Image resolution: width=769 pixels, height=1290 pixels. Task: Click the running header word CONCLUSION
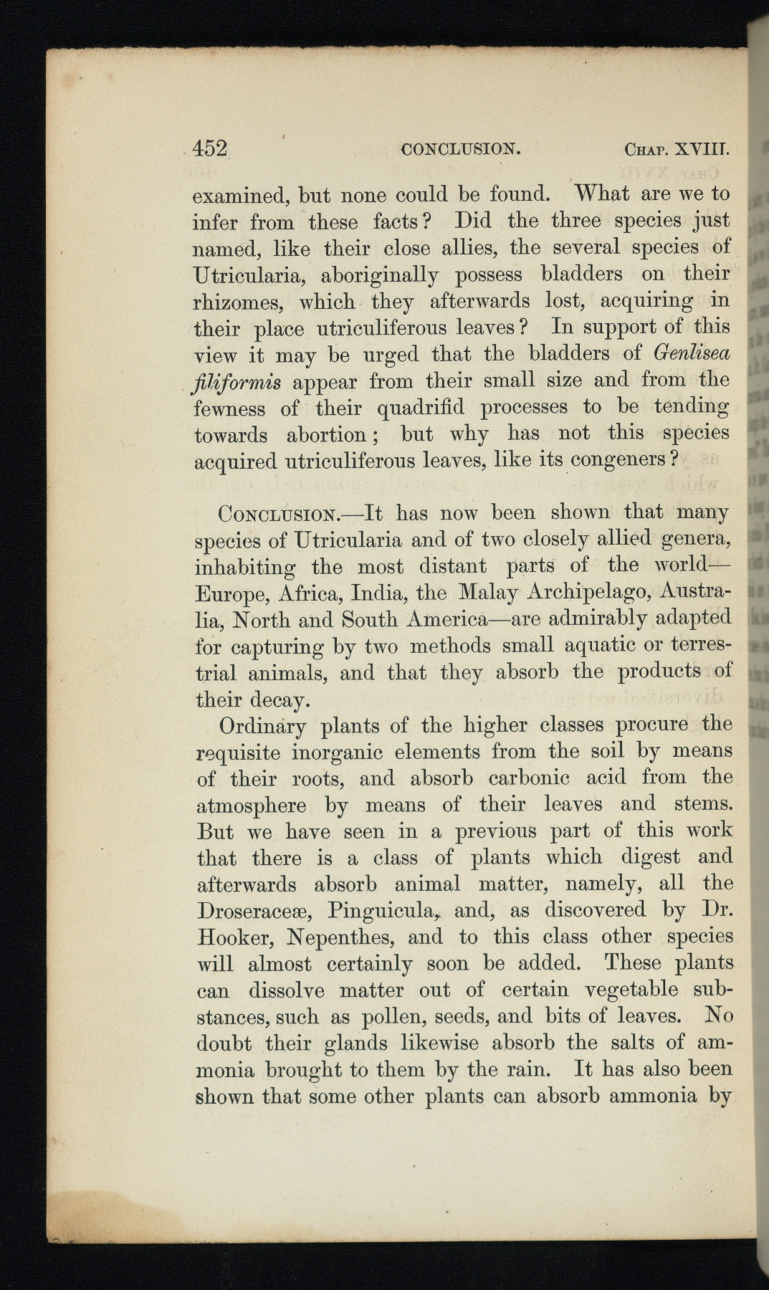460,150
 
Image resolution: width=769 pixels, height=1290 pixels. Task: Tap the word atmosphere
251,806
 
